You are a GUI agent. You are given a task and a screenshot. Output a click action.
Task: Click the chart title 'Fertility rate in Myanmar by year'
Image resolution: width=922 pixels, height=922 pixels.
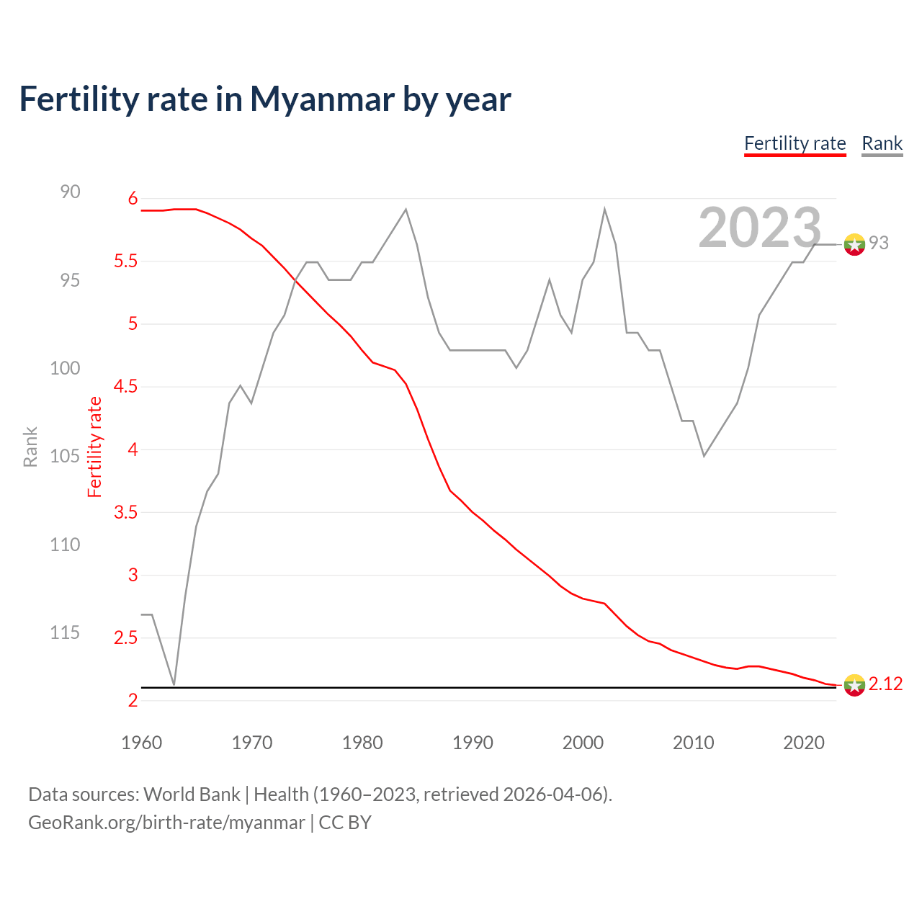pos(264,99)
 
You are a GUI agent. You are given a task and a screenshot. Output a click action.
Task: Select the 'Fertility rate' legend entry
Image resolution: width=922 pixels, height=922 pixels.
pos(795,143)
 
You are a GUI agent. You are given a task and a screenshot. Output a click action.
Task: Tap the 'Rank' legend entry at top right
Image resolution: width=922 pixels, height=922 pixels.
pos(882,143)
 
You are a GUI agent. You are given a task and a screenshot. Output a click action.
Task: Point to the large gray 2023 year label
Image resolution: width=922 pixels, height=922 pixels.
pos(759,228)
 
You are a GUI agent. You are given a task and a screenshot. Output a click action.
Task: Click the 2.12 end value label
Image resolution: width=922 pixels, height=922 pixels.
pos(885,684)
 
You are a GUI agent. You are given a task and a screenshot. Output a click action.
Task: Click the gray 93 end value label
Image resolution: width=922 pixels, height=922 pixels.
pos(878,243)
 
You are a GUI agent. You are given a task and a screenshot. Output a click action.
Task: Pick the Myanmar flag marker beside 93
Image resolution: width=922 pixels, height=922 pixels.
pos(854,245)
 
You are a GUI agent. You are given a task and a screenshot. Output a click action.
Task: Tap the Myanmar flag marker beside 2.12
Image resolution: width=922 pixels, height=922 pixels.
pos(854,685)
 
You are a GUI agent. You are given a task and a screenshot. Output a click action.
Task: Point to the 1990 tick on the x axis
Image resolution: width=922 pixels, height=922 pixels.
pos(473,743)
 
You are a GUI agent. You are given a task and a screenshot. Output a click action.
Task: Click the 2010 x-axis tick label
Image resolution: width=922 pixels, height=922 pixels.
pos(693,743)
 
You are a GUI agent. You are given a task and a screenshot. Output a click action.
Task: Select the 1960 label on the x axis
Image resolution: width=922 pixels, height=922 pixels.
pos(142,743)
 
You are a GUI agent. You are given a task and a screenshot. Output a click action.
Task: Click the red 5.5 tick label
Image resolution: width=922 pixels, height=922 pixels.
pos(125,261)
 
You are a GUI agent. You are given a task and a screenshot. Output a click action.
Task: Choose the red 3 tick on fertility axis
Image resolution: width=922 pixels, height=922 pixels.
pos(133,575)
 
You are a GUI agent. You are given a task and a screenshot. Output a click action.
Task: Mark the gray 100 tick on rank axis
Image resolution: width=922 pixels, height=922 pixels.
pos(65,368)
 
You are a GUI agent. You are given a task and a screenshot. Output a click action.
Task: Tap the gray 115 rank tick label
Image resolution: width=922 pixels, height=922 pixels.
pos(65,632)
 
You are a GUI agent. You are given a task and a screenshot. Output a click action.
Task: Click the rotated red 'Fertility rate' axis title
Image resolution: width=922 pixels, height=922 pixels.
pos(95,447)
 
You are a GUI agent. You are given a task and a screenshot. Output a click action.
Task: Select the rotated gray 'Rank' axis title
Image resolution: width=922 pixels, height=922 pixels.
pos(30,447)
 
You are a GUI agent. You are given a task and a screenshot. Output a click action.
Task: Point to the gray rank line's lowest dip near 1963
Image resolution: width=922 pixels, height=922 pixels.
pos(174,684)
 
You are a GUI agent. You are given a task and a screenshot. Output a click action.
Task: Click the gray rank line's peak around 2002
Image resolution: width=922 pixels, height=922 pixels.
pos(604,210)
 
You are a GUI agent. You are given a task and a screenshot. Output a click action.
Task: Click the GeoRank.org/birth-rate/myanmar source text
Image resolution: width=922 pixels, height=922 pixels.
pos(166,823)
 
